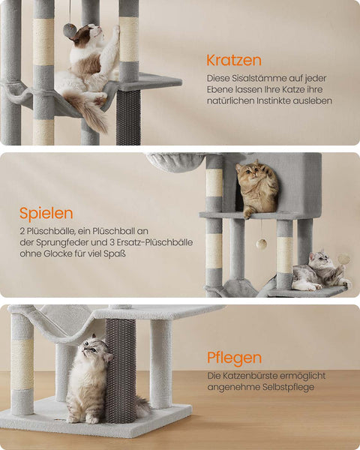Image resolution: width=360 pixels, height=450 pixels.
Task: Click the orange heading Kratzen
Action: (233, 59)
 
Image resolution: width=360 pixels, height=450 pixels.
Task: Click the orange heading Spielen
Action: (46, 213)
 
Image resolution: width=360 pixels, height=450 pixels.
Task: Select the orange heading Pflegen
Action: (234, 358)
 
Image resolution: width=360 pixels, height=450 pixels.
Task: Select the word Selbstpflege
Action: (285, 387)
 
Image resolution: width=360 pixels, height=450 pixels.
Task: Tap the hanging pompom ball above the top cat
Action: (69, 31)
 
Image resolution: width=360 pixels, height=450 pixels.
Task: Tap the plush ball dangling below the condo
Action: (262, 244)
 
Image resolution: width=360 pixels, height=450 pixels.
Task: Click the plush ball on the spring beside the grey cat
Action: (343, 259)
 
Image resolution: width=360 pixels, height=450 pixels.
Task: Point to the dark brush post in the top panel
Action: (128, 116)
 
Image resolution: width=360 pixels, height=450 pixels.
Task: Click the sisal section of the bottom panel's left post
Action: (22, 364)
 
